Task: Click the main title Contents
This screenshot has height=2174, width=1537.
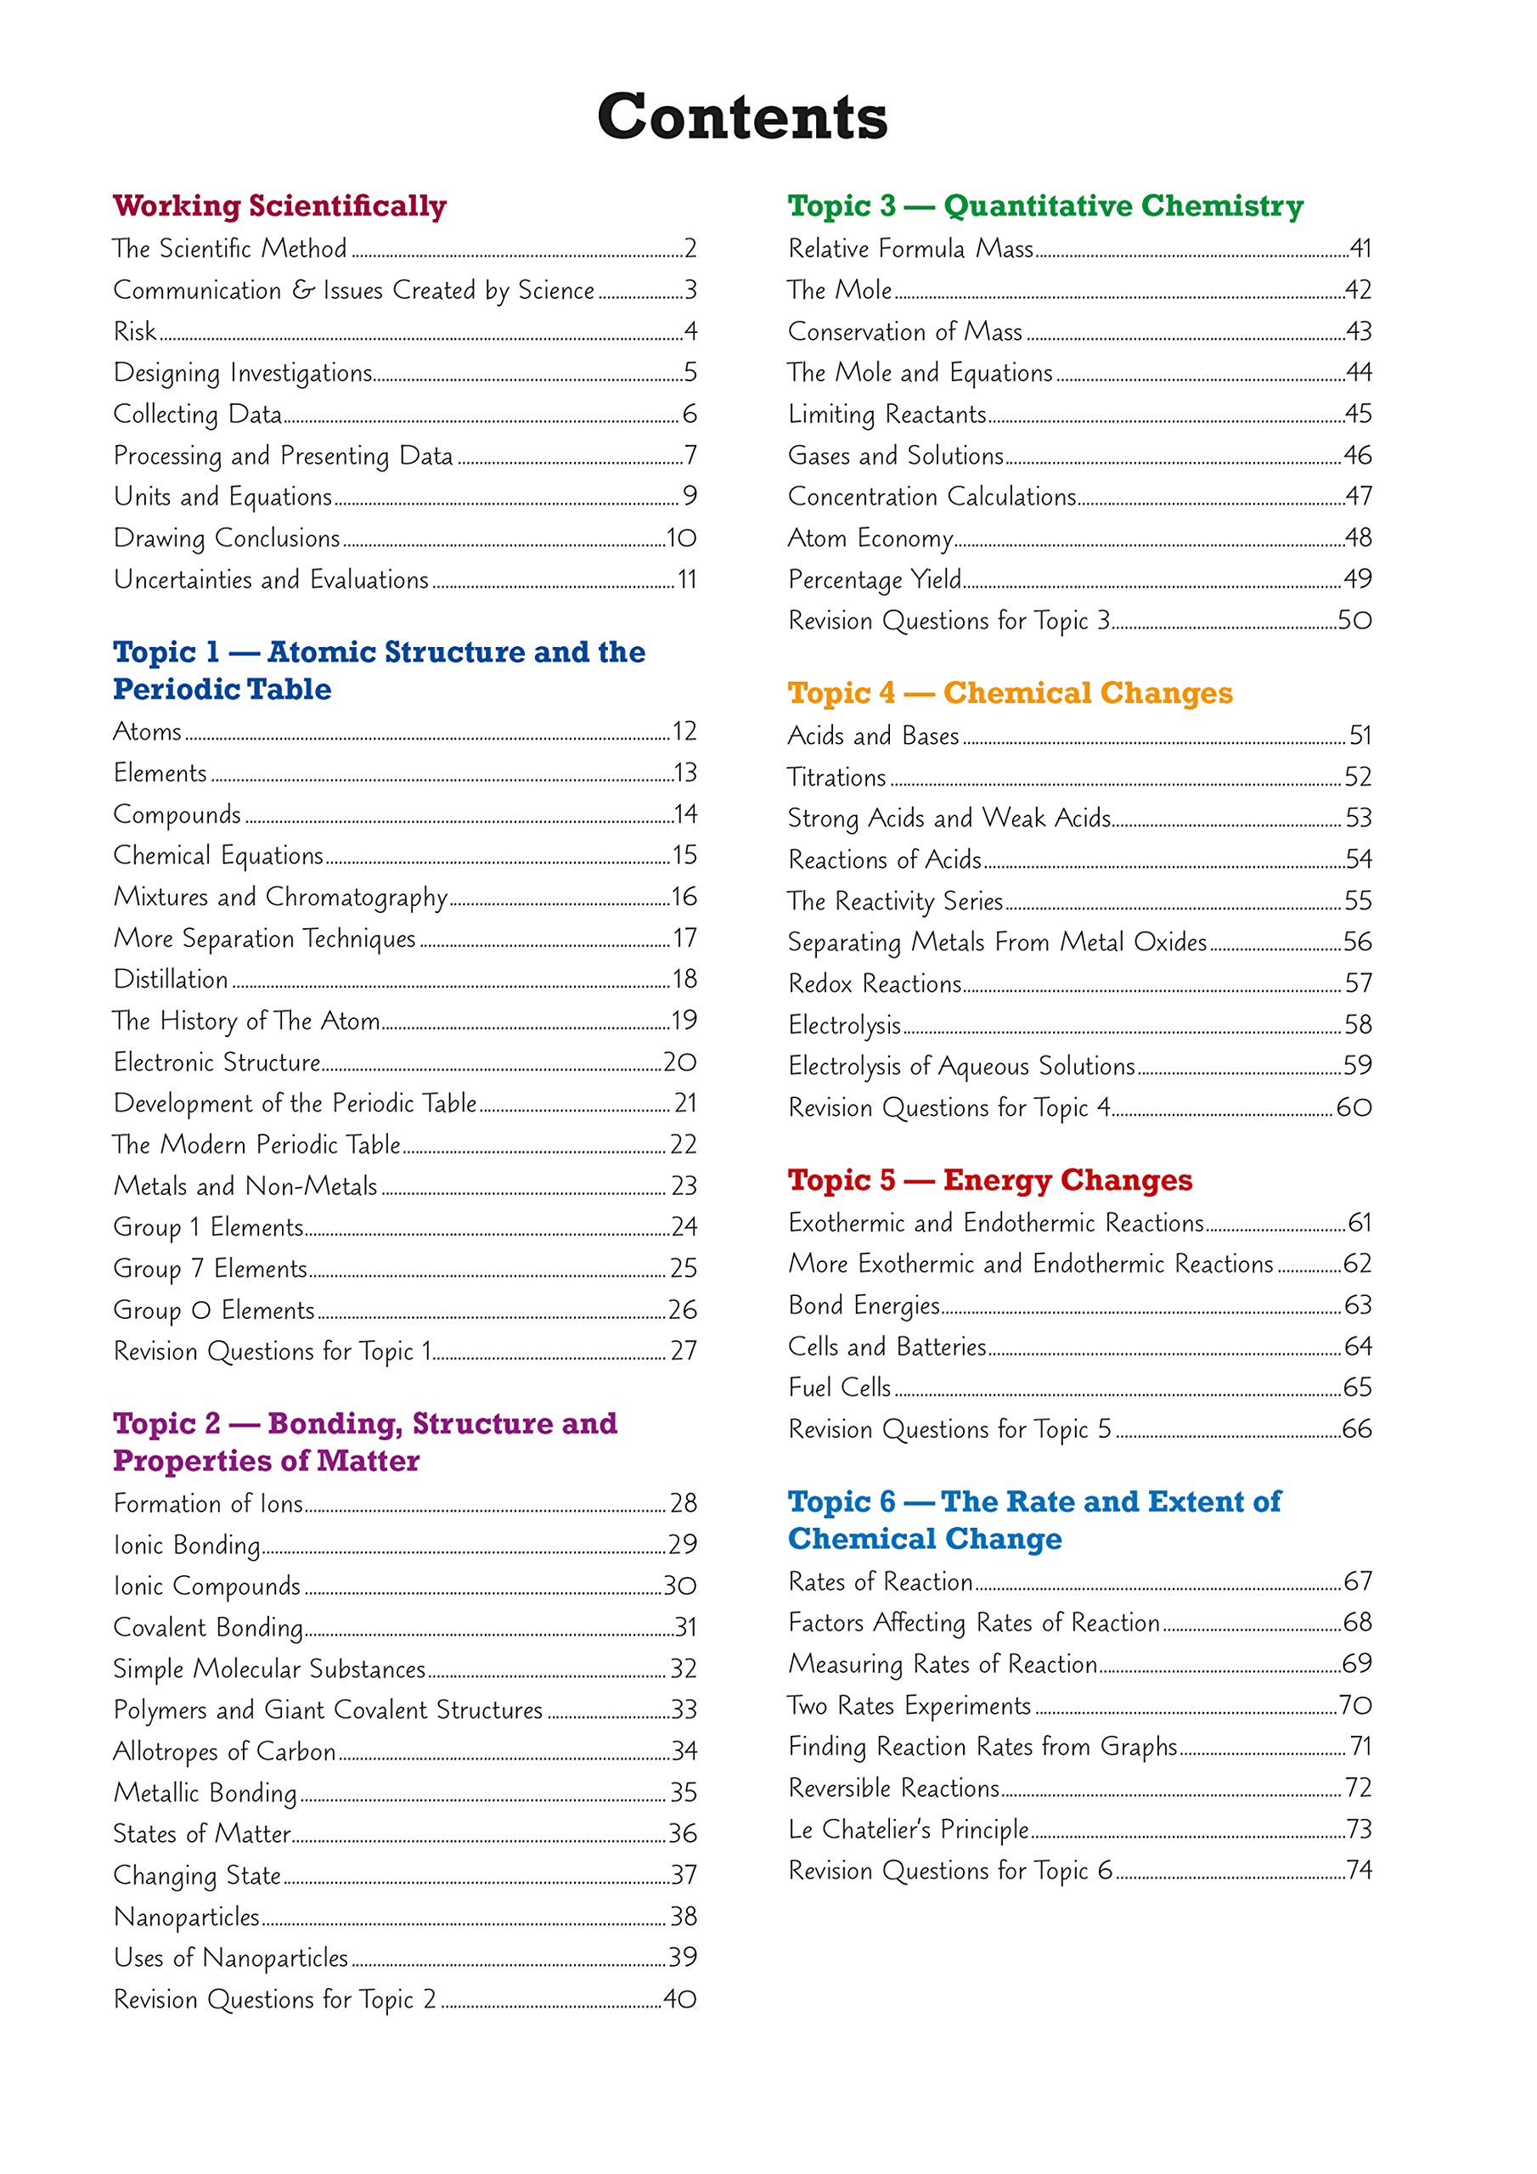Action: [742, 116]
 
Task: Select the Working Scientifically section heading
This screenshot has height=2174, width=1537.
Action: [279, 206]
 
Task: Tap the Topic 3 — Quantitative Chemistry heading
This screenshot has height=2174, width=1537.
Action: [1044, 206]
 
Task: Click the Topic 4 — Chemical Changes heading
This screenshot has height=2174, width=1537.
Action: [1010, 693]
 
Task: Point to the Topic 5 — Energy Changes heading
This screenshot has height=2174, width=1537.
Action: [989, 1180]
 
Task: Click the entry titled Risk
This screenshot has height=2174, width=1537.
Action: [134, 331]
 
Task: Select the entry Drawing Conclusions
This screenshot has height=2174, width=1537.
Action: [227, 538]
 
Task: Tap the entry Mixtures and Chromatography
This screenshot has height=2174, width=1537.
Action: [280, 897]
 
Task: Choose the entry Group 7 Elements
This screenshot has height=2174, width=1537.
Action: [211, 1268]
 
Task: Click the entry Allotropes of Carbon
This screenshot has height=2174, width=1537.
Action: [224, 1751]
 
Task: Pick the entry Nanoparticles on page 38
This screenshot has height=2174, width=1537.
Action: [187, 1917]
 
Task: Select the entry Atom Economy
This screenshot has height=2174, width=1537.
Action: [870, 538]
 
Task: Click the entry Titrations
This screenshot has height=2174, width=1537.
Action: [836, 776]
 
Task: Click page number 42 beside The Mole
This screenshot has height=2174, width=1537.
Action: [1357, 290]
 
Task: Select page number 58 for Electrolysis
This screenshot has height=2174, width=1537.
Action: [1357, 1023]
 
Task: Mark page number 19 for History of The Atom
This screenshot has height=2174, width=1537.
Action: [684, 1020]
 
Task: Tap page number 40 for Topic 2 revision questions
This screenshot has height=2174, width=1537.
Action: [679, 1999]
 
